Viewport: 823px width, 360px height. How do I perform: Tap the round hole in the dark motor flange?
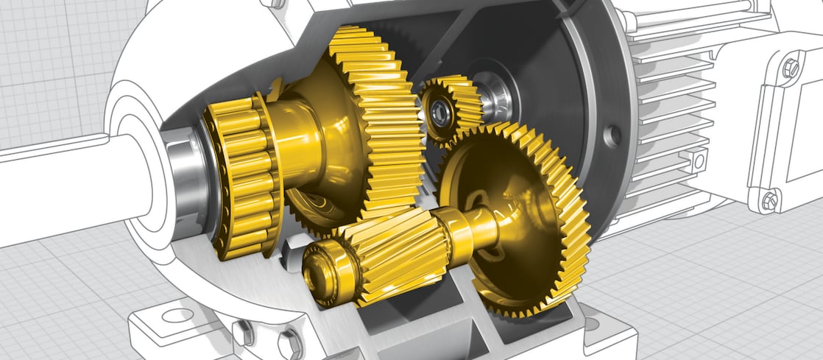pos(610,135)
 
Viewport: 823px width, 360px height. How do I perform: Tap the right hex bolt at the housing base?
pos(291,342)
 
